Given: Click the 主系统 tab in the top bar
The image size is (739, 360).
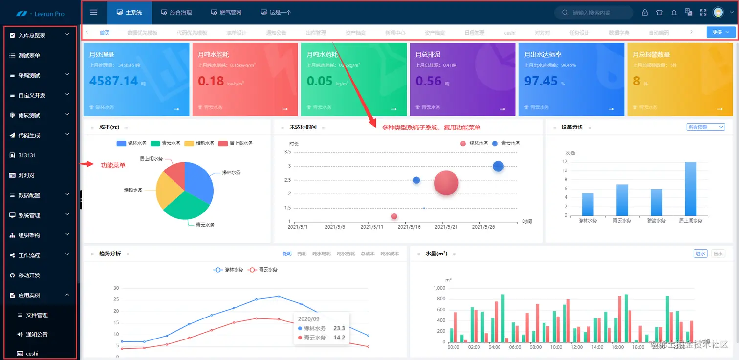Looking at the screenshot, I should tap(130, 12).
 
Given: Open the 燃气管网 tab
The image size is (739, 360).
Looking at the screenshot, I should tap(226, 12).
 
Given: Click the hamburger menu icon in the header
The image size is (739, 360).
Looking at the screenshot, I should tap(94, 12).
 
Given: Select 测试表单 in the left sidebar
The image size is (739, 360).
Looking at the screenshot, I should tap(29, 56).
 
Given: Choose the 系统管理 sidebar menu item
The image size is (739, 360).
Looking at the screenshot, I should tap(29, 215).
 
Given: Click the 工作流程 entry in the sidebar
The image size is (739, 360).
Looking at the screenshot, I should tap(29, 255).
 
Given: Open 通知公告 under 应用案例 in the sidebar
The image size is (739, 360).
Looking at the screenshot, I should tap(37, 335).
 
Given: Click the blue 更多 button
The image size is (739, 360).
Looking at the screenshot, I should tap(720, 32).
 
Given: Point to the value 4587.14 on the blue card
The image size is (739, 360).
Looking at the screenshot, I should tap(113, 81).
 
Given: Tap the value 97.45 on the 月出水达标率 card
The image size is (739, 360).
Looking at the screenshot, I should tap(541, 81).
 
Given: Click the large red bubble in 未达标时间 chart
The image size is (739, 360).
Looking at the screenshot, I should tap(446, 183).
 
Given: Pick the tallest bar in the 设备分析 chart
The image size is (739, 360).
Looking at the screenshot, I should tap(691, 189).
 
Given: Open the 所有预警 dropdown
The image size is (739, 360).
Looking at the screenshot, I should tap(705, 127).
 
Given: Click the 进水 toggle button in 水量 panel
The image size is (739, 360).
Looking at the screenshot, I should tap(700, 254).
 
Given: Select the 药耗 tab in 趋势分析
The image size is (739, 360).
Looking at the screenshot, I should tap(302, 254).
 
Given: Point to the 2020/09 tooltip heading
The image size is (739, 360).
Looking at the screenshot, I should tap(308, 318).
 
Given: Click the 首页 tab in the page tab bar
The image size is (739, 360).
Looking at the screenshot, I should tap(105, 33).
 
